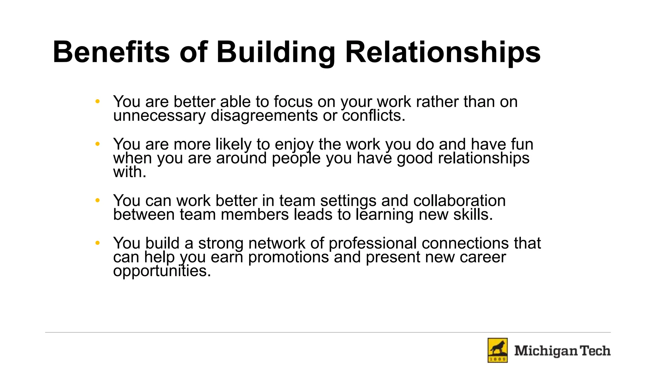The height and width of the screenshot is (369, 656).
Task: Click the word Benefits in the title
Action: pos(111,52)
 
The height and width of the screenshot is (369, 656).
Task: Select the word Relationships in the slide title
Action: pos(443,53)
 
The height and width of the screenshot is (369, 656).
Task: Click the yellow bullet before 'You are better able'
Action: pos(98,102)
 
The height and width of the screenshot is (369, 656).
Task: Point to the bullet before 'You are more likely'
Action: pos(98,144)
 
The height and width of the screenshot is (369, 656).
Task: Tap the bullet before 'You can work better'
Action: pos(98,201)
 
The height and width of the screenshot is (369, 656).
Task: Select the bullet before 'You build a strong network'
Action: pos(98,243)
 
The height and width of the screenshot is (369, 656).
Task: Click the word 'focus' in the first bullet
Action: pos(293,102)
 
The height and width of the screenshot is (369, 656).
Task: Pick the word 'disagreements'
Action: pos(264,116)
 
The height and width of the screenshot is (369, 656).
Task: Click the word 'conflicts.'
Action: pos(373,116)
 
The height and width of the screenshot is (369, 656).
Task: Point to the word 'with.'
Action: pos(130,172)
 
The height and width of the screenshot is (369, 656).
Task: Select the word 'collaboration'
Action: pos(459,201)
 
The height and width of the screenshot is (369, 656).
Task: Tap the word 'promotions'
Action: pos(288,257)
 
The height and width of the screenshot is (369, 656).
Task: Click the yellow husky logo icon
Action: pos(497,350)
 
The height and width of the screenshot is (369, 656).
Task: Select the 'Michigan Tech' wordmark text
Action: pos(562,351)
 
